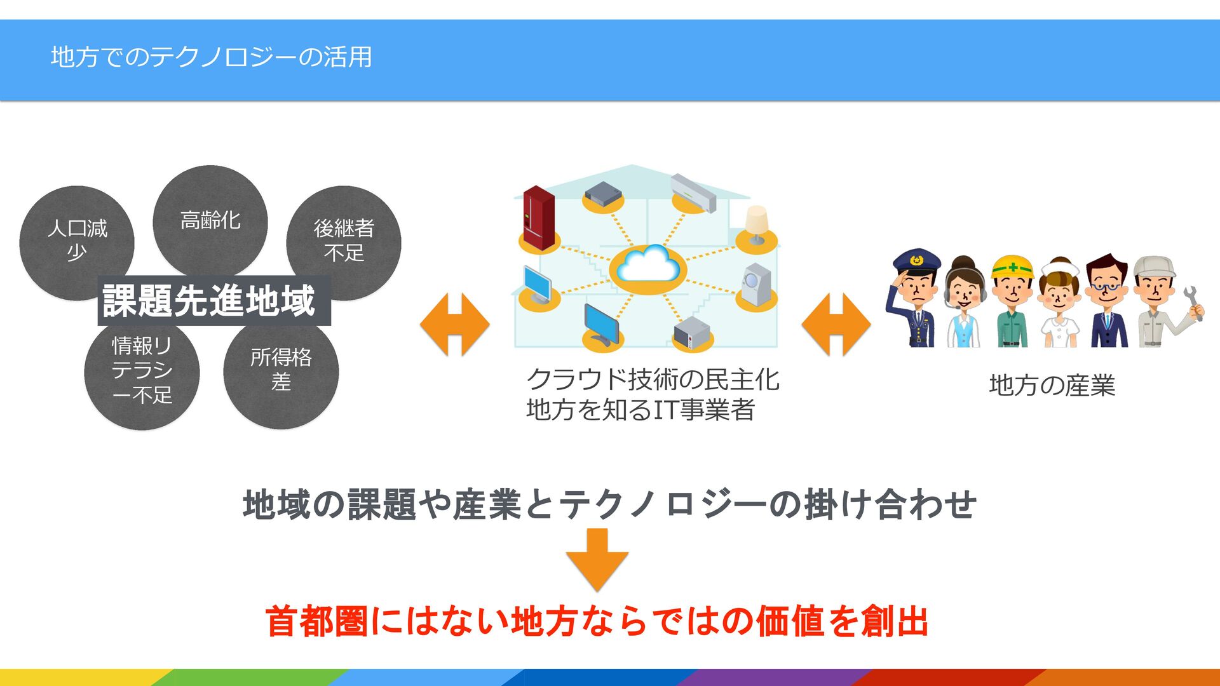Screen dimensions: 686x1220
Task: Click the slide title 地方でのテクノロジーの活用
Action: (211, 57)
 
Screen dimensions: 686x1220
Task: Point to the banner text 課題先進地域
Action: (210, 300)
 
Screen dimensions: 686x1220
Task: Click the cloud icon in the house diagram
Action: (647, 267)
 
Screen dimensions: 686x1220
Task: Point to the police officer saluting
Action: (912, 299)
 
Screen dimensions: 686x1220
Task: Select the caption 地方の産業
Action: (1052, 386)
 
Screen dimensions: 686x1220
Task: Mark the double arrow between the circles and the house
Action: (455, 324)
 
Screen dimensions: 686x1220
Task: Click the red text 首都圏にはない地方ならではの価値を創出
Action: (597, 621)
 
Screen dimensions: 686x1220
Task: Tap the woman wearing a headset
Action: (963, 302)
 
